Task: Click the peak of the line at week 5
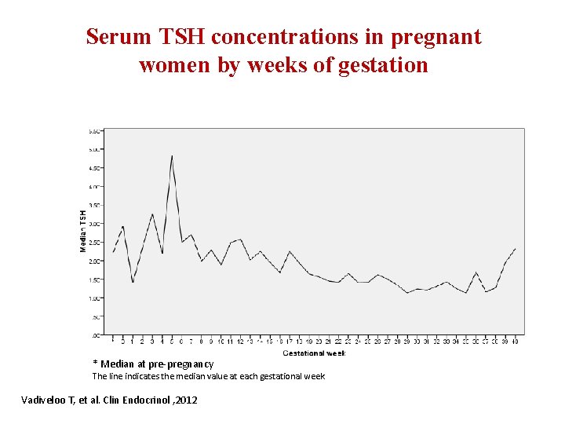172,155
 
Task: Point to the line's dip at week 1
133,283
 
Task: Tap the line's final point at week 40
515,248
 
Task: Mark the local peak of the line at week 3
152,214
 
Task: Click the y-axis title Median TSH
83,230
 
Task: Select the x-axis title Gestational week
314,353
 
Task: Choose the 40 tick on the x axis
515,341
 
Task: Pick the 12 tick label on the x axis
240,341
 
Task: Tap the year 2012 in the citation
186,400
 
